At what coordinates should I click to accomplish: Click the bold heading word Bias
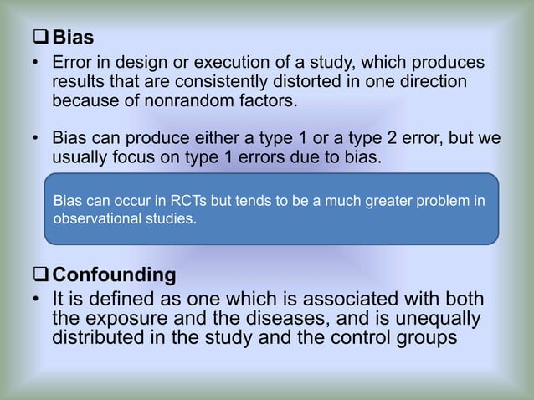coord(73,38)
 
